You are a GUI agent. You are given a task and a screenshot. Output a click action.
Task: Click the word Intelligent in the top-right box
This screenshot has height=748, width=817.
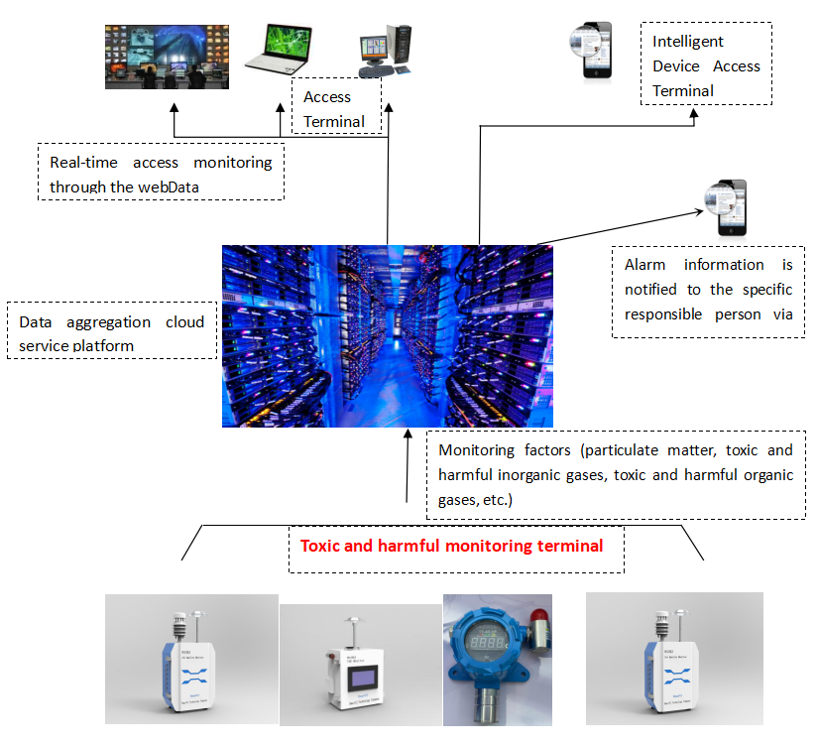point(688,42)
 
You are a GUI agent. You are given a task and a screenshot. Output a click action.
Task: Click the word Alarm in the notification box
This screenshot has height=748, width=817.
point(644,265)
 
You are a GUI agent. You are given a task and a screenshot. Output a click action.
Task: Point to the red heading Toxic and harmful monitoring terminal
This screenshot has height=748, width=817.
point(451,546)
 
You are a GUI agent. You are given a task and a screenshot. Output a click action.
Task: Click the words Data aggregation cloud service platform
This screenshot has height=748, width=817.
point(111,333)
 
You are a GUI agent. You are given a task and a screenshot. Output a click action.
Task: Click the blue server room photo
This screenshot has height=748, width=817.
point(387,335)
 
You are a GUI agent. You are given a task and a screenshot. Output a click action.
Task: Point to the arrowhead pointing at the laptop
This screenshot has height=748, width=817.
point(281,109)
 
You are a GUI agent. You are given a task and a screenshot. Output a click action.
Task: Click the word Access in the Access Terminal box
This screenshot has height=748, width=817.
point(327,97)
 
